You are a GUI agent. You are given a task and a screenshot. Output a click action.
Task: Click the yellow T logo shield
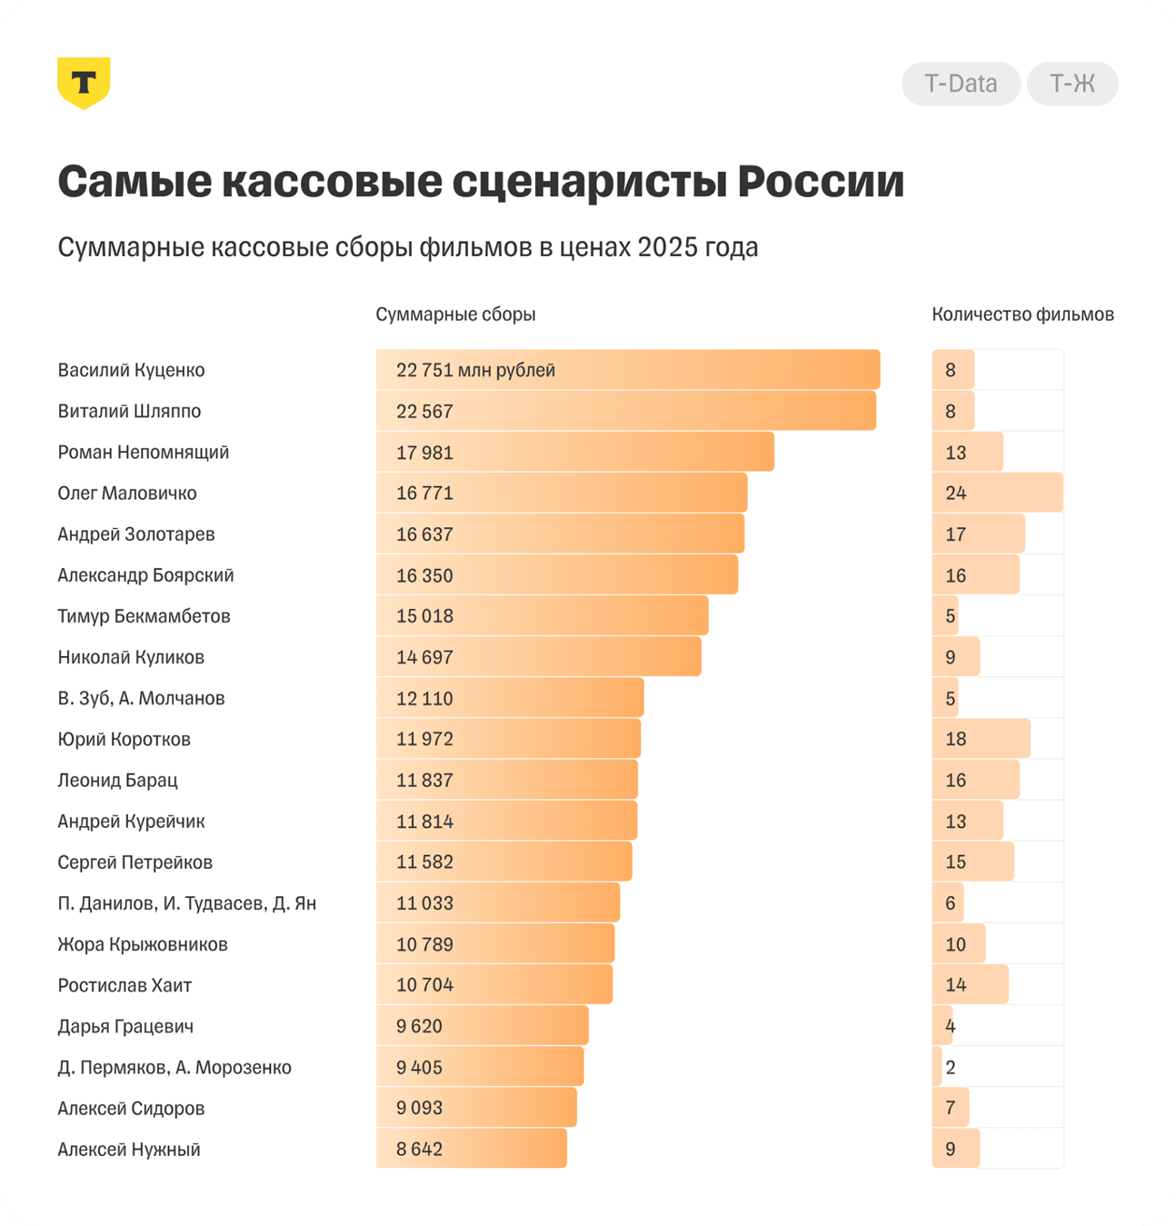(x=84, y=83)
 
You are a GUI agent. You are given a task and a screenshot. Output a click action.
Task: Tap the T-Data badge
(x=961, y=84)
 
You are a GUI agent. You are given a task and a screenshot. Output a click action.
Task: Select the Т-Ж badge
(x=1072, y=84)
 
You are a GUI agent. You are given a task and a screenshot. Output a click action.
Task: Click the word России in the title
(x=821, y=182)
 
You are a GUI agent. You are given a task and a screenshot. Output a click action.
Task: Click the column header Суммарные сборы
(x=455, y=314)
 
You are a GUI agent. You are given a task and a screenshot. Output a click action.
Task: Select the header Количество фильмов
(x=1022, y=314)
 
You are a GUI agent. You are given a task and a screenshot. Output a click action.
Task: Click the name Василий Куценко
(x=131, y=370)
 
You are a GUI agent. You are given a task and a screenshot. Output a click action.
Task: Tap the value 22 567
(x=424, y=412)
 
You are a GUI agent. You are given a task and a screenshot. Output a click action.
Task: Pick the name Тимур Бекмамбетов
(x=144, y=616)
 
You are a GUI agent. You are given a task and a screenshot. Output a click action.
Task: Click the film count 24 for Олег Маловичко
(x=955, y=493)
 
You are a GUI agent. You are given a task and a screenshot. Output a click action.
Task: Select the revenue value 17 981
(x=424, y=453)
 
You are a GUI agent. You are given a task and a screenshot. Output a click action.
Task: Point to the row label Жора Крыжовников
(x=143, y=944)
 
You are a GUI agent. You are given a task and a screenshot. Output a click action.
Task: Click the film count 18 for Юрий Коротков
(x=955, y=739)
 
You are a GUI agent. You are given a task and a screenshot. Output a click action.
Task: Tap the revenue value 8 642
(x=419, y=1149)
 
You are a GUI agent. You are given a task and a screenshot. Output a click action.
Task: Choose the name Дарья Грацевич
(x=125, y=1026)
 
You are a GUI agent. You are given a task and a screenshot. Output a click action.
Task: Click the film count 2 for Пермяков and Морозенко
(x=950, y=1067)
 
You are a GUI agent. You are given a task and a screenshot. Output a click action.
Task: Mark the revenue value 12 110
(x=424, y=699)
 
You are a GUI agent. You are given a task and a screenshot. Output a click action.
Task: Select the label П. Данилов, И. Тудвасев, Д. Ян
(x=187, y=903)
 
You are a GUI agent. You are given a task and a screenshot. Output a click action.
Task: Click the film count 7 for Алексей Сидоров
(x=950, y=1108)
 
